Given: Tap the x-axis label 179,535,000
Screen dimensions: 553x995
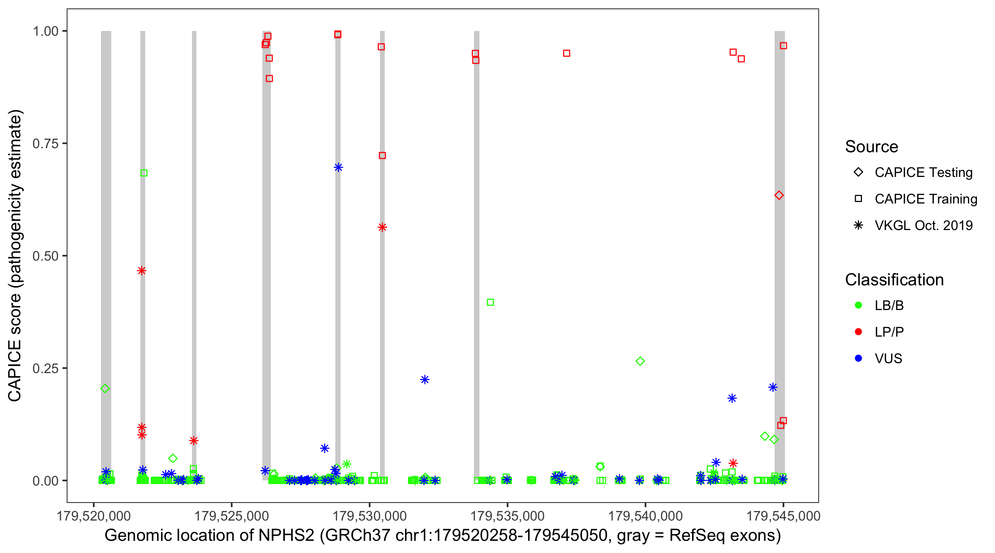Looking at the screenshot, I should coord(507,516).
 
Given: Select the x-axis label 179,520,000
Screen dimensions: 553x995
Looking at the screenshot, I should coord(94,516).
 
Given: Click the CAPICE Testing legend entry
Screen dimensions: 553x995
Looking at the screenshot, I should coord(923,173).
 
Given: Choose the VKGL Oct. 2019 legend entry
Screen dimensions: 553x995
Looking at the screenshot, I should coord(923,225).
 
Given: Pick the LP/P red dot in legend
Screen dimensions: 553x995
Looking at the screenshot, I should coord(858,332).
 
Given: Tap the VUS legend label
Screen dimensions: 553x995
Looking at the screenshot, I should coord(888,359).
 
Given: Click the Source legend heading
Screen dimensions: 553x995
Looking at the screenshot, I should coord(872,147).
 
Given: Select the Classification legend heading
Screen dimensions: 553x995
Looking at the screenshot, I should coord(894,280).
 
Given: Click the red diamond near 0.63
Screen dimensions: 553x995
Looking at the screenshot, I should coord(779,195).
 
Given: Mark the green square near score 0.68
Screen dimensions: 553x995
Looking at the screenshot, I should coord(144,173).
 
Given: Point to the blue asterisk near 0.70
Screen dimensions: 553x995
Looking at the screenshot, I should coord(338,167).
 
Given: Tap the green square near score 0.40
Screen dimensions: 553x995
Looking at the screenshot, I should coord(490,302).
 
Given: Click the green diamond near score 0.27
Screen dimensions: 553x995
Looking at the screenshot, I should coord(640,361).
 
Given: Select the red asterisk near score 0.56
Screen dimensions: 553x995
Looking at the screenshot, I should coord(382,227).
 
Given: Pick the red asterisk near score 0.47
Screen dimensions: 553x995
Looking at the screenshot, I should coord(142,271).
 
